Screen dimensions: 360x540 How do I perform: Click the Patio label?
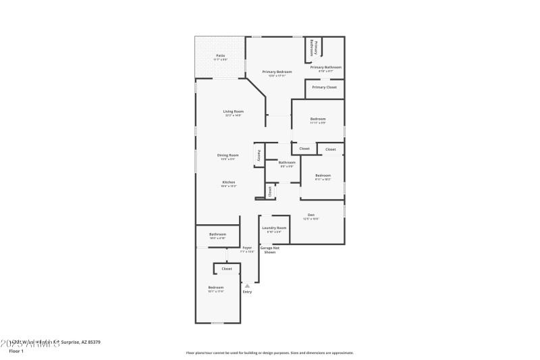pyautogui.click(x=220, y=55)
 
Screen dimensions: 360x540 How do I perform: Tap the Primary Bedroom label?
pyautogui.click(x=277, y=72)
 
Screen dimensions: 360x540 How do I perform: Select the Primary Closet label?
pyautogui.click(x=324, y=87)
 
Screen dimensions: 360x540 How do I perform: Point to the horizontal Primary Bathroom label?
pyautogui.click(x=325, y=67)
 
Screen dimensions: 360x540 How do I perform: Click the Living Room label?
pyautogui.click(x=234, y=111)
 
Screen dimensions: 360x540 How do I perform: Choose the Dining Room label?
pyautogui.click(x=227, y=155)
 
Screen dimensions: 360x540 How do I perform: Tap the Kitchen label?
pyautogui.click(x=228, y=182)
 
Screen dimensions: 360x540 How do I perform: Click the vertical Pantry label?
pyautogui.click(x=259, y=155)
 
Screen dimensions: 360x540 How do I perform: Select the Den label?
pyautogui.click(x=311, y=215)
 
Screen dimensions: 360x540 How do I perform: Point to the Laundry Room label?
pyautogui.click(x=274, y=228)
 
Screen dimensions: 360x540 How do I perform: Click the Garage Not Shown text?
pyautogui.click(x=269, y=250)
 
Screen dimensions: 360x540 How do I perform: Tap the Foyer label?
pyautogui.click(x=247, y=248)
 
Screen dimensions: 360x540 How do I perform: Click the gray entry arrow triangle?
pyautogui.click(x=247, y=286)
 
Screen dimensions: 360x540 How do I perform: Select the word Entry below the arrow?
pyautogui.click(x=247, y=292)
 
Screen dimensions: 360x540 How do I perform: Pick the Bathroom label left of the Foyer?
pyautogui.click(x=217, y=234)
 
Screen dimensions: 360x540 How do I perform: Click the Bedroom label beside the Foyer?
pyautogui.click(x=215, y=287)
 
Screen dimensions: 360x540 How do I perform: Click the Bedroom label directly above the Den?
pyautogui.click(x=323, y=176)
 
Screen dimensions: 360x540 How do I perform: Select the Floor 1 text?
pyautogui.click(x=16, y=351)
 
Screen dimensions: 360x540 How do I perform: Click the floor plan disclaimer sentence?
pyautogui.click(x=269, y=353)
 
